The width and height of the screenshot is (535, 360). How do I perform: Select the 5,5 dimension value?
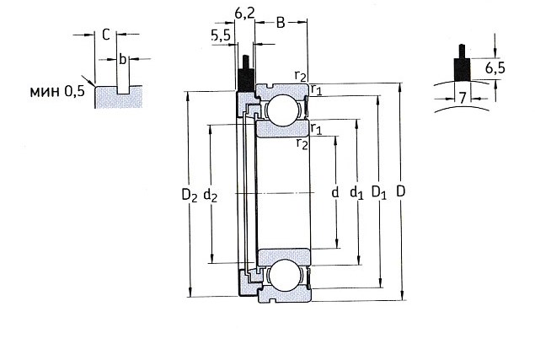pos(220,35)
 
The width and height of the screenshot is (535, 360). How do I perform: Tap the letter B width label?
pos(281,22)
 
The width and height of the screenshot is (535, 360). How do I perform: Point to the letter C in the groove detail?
pos(105,35)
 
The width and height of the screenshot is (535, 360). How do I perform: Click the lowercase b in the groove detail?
pos(123,59)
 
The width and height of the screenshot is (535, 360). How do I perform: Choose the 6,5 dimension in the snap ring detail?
pos(495,67)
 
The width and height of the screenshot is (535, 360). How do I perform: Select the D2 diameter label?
pos(190,195)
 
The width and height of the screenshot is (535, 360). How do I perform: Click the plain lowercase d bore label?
pos(334,193)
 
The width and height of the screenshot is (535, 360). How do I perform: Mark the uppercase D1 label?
pos(379,193)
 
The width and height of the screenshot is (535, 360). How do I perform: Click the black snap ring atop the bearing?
pos(245,77)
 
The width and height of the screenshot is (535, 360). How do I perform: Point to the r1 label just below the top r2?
pos(315,88)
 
